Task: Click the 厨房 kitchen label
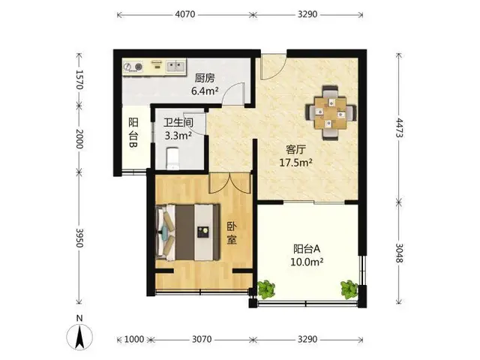coord(205,78)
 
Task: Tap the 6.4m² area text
coord(205,91)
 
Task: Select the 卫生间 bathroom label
coord(178,122)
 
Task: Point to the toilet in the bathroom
coord(172,158)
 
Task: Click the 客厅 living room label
coord(295,150)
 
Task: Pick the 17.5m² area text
coord(295,163)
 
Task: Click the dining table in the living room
coord(331,112)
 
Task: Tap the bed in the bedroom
coord(187,232)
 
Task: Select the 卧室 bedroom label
coord(232,233)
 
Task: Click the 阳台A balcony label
coord(307,249)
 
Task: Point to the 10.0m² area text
coord(307,262)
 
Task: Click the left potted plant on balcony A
coord(266,289)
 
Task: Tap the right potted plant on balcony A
coord(349,289)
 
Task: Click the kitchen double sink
coord(175,67)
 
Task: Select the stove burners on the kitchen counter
coord(133,67)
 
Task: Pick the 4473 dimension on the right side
coord(399,127)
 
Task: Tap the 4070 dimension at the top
coord(185,14)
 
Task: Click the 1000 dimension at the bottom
coord(134,339)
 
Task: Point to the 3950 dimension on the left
coord(79,238)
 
